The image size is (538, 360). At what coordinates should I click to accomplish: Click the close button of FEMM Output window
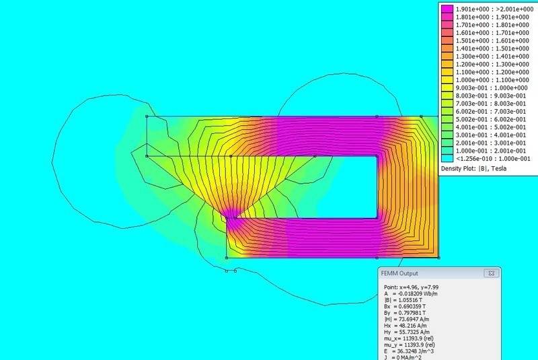tap(492, 273)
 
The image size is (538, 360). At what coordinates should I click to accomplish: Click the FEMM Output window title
tap(399, 273)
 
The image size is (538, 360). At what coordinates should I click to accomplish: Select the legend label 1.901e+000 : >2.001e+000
tap(494, 9)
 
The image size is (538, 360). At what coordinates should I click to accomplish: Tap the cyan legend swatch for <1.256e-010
tap(447, 159)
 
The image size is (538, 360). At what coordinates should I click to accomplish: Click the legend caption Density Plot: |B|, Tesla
tap(473, 168)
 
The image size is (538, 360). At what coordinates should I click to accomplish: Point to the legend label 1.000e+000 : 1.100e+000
tap(492, 80)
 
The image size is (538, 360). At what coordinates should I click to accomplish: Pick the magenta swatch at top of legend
tap(447, 9)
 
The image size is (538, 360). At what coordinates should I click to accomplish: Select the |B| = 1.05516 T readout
tap(403, 300)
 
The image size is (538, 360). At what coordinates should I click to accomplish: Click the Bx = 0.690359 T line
tap(405, 306)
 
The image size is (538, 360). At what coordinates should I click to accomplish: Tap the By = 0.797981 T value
tap(405, 313)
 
